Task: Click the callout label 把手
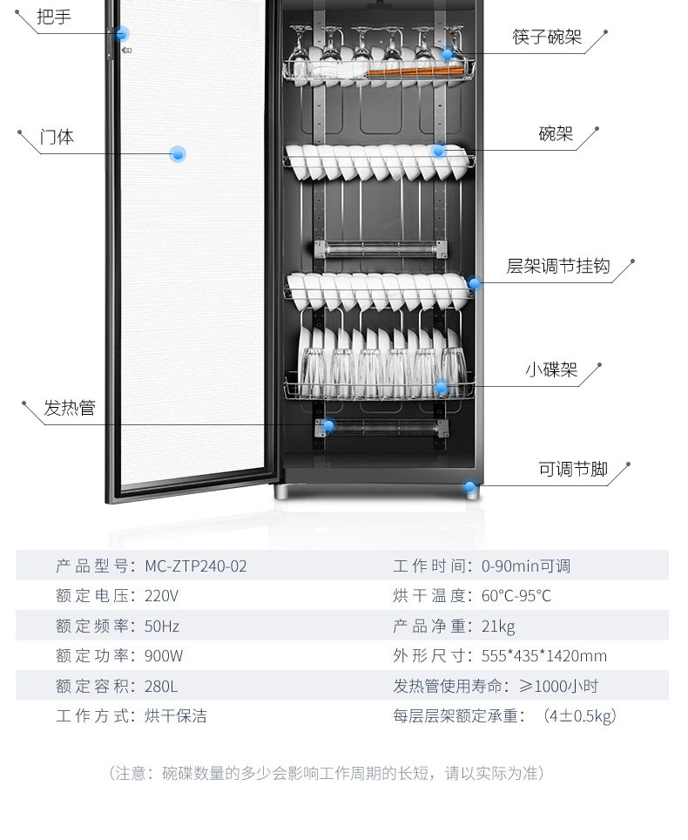53,17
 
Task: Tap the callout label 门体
57,137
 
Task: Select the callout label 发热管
70,408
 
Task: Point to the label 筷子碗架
546,37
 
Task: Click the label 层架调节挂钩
558,266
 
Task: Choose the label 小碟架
551,370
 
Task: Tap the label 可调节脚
572,469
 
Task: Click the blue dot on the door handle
123,34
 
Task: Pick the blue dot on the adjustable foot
471,488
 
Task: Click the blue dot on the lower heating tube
328,425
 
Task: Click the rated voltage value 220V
161,597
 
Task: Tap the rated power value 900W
164,656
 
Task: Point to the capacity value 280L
161,687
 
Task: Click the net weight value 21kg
498,627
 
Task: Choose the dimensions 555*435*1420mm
543,656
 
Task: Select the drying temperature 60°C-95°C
516,597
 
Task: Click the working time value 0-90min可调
525,566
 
